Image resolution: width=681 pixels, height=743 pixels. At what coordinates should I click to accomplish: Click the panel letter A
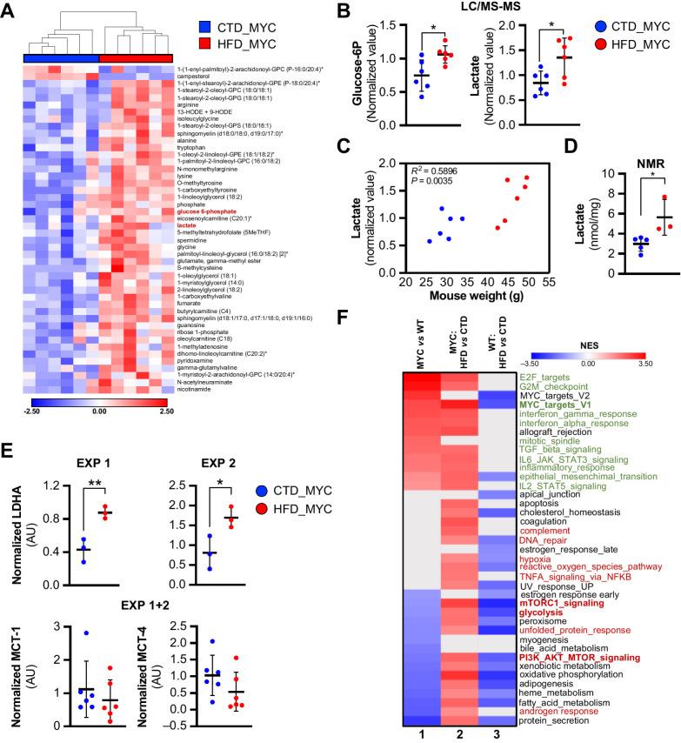10,10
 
